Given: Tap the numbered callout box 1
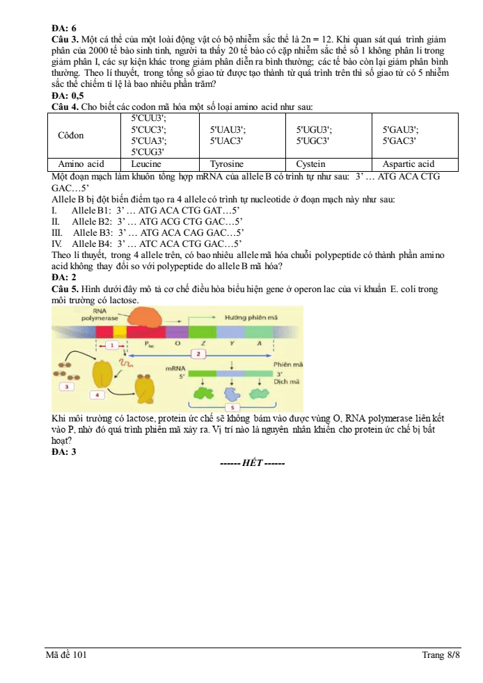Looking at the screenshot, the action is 112,345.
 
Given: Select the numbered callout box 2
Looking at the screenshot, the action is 198,354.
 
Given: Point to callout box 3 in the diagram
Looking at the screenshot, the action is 67,387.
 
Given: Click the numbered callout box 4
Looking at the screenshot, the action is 97,395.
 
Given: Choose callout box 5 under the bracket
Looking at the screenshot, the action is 232,408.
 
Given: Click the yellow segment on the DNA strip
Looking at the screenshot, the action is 120,332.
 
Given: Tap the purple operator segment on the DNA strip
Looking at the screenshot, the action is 177,332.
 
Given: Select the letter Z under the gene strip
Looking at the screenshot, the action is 203,344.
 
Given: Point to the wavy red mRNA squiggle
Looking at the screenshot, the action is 127,362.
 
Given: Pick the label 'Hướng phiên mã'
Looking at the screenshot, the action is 251,318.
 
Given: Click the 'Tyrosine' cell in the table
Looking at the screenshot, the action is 227,164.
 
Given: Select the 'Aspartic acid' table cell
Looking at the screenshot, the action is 409,164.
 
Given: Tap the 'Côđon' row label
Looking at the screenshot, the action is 70,136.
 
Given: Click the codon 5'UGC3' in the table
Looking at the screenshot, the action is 312,141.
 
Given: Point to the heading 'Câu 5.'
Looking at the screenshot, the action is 65,289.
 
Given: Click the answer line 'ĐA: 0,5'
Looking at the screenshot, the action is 68,95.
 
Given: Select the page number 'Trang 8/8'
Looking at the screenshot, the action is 441,654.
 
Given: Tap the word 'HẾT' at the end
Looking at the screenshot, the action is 253,463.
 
